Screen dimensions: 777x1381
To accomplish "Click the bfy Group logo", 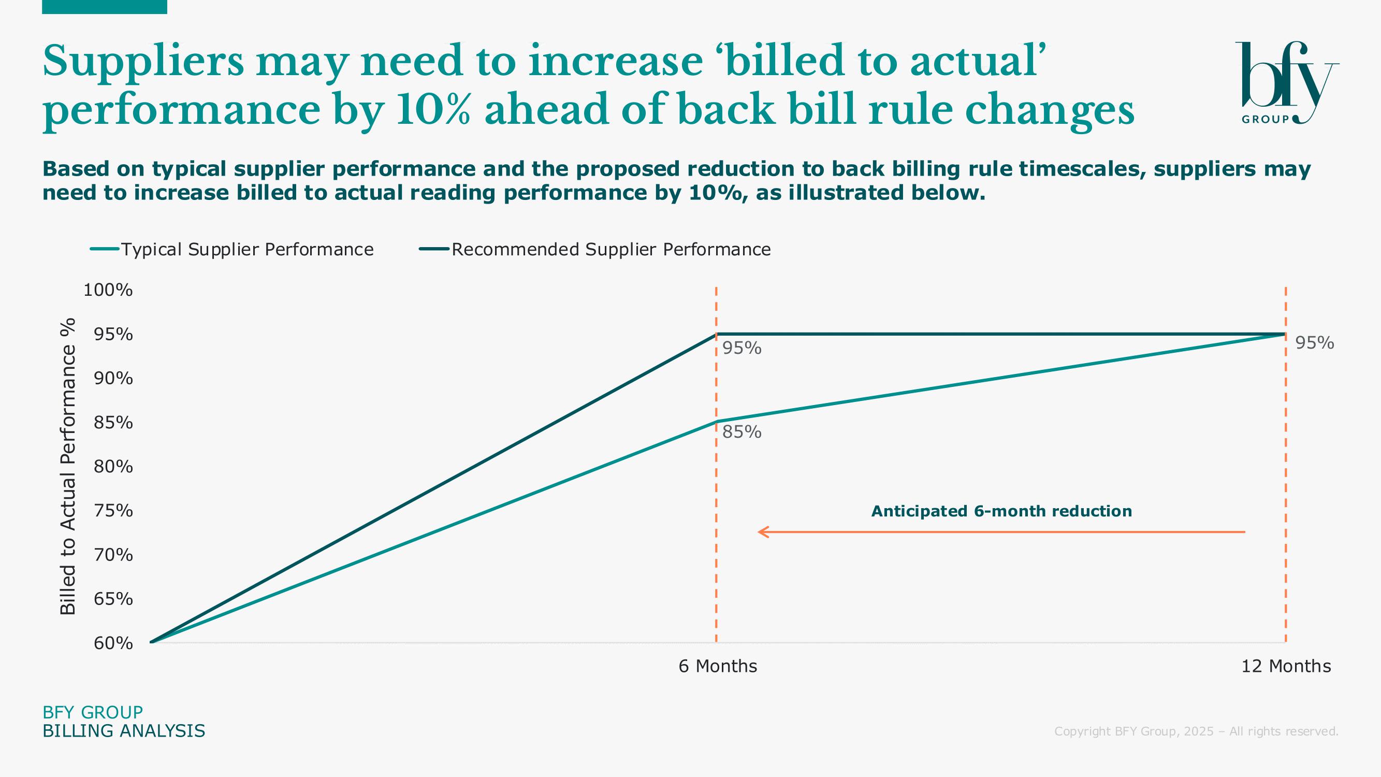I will coord(1287,83).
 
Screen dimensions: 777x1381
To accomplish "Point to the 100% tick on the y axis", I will coord(108,290).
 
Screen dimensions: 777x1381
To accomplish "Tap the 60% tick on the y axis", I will coord(113,643).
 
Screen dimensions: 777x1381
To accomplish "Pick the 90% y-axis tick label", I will coord(113,379).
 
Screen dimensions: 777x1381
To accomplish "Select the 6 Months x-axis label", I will coord(718,666).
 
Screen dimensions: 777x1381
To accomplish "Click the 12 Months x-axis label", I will coord(1286,666).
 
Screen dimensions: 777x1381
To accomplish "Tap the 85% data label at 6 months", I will coord(742,432).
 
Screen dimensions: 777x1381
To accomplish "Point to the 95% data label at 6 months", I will coord(742,349).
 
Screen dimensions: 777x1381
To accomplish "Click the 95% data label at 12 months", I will coord(1315,343).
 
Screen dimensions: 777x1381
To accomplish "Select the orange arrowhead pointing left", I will coord(763,532).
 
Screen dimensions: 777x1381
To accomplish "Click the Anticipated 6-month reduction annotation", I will coord(1001,511).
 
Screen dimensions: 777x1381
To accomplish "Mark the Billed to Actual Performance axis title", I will coord(68,466).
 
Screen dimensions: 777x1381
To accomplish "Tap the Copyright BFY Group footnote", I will coord(1196,731).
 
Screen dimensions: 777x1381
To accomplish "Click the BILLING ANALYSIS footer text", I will coord(124,731).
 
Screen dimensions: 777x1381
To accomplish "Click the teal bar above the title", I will coord(105,6).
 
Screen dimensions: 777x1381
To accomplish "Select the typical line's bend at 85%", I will coord(716,422).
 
